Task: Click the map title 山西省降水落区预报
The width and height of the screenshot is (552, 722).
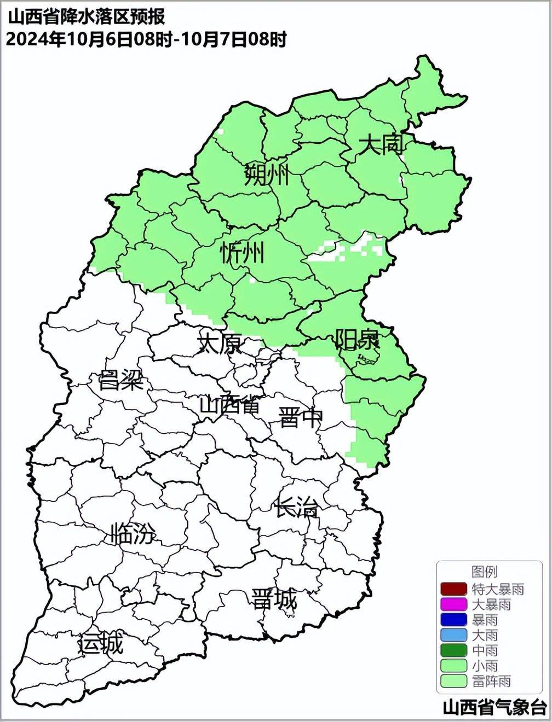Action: (x=87, y=16)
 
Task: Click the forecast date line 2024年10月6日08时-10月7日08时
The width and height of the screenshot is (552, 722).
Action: (x=146, y=39)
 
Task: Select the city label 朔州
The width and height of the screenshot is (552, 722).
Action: (x=267, y=175)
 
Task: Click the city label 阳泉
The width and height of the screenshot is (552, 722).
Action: (x=357, y=340)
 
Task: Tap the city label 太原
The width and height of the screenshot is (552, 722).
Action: (x=220, y=344)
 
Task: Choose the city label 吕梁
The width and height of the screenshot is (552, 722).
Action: (x=120, y=380)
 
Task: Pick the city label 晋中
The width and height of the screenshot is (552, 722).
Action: (x=300, y=417)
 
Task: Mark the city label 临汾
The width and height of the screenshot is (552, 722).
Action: (x=133, y=533)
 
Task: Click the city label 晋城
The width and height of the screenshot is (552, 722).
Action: (x=274, y=599)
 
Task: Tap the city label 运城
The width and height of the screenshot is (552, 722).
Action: (x=101, y=644)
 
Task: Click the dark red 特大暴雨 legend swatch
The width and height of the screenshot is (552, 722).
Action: (x=453, y=589)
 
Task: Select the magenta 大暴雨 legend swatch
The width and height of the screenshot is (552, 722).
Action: (x=453, y=604)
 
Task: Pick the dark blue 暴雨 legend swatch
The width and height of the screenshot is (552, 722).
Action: (x=453, y=620)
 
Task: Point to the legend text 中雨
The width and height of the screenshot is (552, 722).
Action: (x=485, y=650)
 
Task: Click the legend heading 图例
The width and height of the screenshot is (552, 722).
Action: (x=484, y=572)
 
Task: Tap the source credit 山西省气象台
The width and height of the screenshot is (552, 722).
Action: (x=494, y=707)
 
